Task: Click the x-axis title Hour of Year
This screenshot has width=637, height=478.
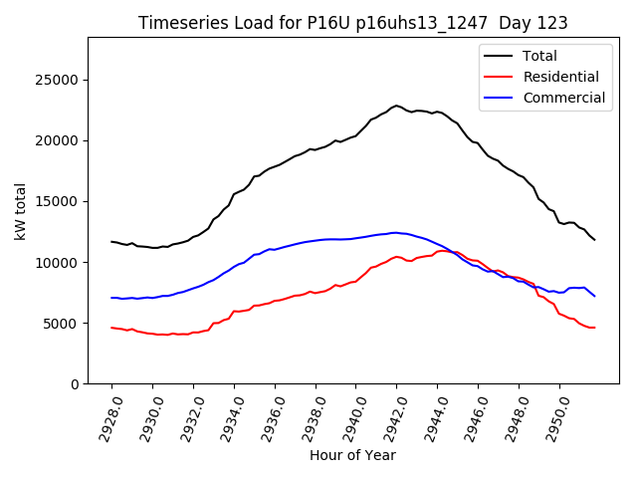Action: point(352,455)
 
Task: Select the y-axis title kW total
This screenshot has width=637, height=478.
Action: point(20,211)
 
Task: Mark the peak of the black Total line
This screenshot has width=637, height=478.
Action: point(396,105)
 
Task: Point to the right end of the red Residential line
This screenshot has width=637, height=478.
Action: point(594,328)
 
